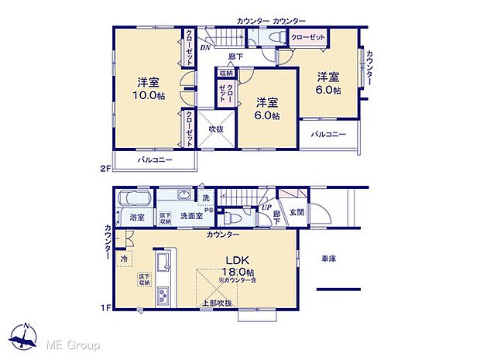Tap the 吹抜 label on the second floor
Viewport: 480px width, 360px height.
click(215, 129)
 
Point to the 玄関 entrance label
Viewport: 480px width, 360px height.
click(297, 212)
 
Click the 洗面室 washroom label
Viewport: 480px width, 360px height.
click(190, 218)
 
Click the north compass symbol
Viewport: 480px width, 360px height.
click(27, 338)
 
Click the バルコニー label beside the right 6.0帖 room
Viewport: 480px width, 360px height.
click(329, 134)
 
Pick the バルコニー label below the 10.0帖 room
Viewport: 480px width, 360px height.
click(155, 161)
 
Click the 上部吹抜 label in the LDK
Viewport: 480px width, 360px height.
click(217, 302)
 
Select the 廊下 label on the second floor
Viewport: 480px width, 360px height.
click(236, 57)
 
